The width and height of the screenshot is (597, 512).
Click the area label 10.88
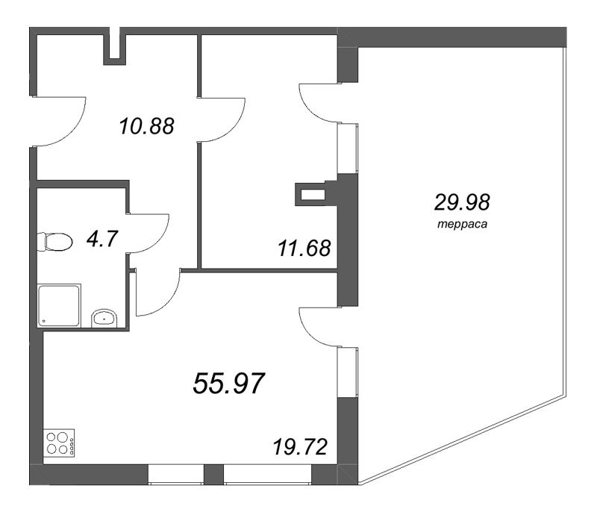pyautogui.click(x=146, y=126)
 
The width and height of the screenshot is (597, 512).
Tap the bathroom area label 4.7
pyautogui.click(x=102, y=239)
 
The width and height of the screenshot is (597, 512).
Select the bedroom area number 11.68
pyautogui.click(x=304, y=249)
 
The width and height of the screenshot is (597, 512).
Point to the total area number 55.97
pyautogui.click(x=229, y=383)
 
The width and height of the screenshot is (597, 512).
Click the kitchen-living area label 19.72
pyautogui.click(x=300, y=447)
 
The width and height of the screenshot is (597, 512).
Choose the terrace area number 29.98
pyautogui.click(x=462, y=202)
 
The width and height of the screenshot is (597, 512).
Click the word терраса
pyautogui.click(x=462, y=224)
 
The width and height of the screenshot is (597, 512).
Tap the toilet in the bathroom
pyautogui.click(x=54, y=242)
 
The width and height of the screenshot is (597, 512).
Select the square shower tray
pyautogui.click(x=59, y=305)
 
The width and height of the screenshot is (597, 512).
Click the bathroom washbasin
pyautogui.click(x=104, y=318)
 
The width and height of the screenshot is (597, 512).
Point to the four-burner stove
pyautogui.click(x=59, y=443)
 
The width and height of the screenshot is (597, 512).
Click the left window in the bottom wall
pyautogui.click(x=176, y=475)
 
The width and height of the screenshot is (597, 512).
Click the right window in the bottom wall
pyautogui.click(x=267, y=475)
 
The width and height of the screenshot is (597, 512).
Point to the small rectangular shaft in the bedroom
pyautogui.click(x=313, y=195)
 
